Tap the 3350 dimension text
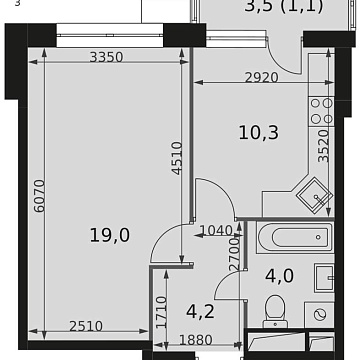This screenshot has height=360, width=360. (x=105, y=57)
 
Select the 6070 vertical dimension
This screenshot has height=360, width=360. (x=37, y=214)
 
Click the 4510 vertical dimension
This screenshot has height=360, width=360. (x=176, y=157)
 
